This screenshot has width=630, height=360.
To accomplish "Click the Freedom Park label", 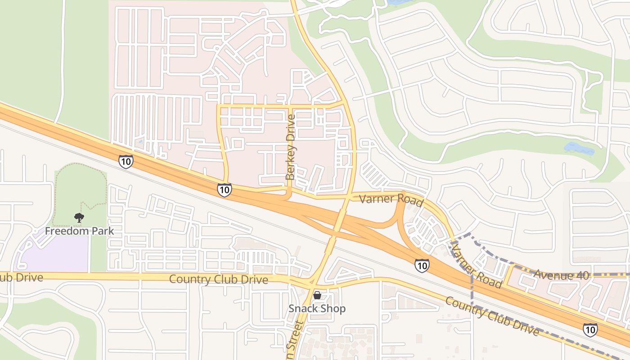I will click(79, 231).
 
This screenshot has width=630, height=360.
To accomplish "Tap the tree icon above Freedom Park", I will click(79, 218).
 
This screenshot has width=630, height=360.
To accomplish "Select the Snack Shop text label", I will click(317, 309).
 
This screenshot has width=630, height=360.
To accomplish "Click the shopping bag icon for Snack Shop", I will click(317, 295).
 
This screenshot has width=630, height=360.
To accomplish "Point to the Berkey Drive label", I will click(291, 147).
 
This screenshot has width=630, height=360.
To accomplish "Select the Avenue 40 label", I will click(561, 275).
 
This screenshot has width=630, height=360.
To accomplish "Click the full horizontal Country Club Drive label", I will click(218, 279).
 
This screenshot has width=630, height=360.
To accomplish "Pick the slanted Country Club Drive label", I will click(492, 316).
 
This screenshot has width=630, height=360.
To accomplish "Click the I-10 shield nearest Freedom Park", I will click(126, 161).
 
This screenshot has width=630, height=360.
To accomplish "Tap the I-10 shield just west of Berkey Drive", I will click(224, 189).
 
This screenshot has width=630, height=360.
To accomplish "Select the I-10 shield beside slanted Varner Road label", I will click(422, 265).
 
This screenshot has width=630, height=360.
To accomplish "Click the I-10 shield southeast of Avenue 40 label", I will click(590, 330).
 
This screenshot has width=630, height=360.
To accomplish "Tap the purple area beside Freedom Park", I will click(54, 254).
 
